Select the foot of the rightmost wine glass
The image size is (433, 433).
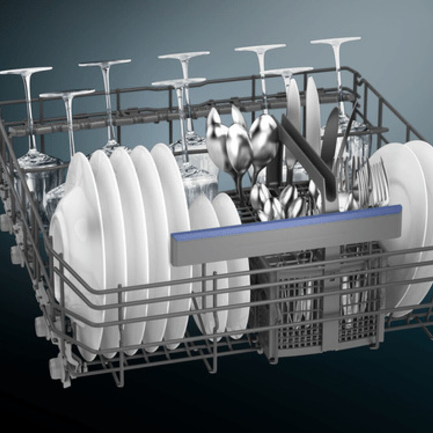tap(336, 40)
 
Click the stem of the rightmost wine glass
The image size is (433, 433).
tap(337, 75)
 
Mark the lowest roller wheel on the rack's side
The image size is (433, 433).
tap(55, 368)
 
